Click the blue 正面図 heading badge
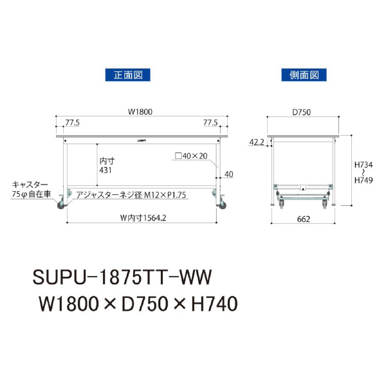click(127, 75)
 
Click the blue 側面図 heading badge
click(304, 75)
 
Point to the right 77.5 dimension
click(211, 122)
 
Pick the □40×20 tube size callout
click(191, 156)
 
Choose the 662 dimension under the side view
click(304, 219)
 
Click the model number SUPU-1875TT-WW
click(122, 278)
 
